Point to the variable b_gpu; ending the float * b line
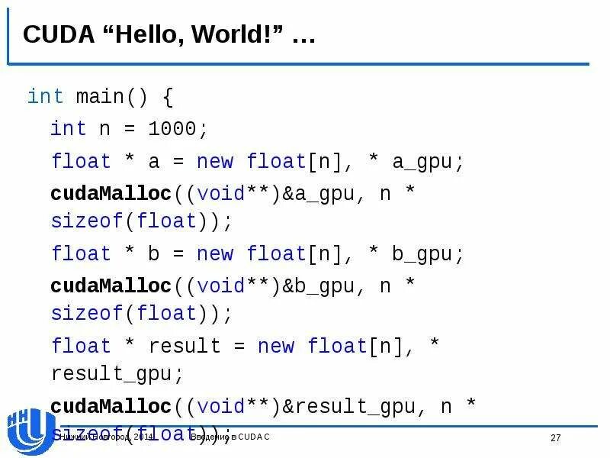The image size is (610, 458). pyautogui.click(x=428, y=253)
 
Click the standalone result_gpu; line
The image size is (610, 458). pyautogui.click(x=117, y=375)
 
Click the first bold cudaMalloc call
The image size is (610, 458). pyautogui.click(x=111, y=194)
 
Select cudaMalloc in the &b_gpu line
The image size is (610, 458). pyautogui.click(x=111, y=285)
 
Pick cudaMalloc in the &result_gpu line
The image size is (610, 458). pyautogui.click(x=111, y=406)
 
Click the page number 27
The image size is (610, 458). pyautogui.click(x=555, y=437)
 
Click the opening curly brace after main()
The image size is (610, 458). pyautogui.click(x=167, y=97)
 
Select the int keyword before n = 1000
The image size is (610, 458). pyautogui.click(x=69, y=128)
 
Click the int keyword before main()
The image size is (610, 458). pyautogui.click(x=46, y=97)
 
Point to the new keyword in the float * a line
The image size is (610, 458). pyautogui.click(x=215, y=162)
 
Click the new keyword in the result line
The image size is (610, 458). pyautogui.click(x=276, y=346)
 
